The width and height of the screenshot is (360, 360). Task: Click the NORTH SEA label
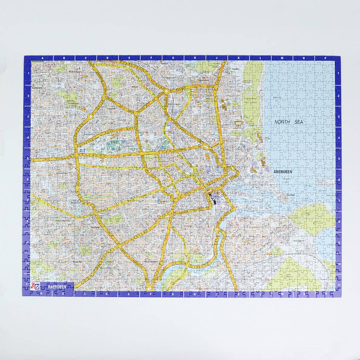tap(288, 122)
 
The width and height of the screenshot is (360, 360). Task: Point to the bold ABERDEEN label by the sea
tap(283, 172)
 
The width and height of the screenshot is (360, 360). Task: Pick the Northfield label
tap(37, 88)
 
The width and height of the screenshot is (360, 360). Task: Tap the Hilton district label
tap(135, 87)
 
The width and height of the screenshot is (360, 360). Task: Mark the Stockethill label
tap(89, 134)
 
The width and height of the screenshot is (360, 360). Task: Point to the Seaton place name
tap(236, 69)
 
